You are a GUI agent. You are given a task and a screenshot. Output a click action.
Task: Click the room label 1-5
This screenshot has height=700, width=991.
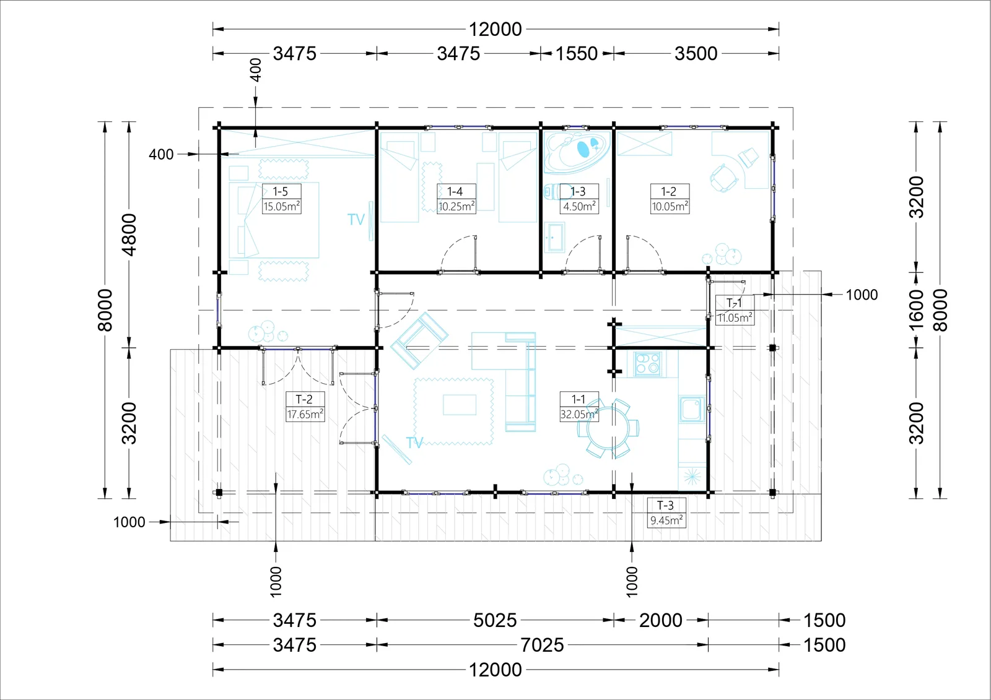point(280,191)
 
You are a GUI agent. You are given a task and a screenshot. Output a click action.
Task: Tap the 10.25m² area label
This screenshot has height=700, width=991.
point(456,207)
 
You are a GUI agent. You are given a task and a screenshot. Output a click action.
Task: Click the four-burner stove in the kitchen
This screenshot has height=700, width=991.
point(648,364)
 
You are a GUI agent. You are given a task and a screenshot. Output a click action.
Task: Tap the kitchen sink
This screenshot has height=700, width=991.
point(691,409)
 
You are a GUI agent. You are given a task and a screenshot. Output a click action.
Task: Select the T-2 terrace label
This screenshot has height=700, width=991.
point(304,399)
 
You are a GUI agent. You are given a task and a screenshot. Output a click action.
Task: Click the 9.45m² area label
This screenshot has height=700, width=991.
point(666,521)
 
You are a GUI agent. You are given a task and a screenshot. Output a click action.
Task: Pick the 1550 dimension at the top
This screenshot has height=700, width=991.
point(577,53)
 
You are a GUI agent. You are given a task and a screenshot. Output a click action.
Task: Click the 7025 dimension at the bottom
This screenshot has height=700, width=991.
point(542,645)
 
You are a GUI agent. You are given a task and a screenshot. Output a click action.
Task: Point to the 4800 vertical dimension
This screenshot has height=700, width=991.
point(129,235)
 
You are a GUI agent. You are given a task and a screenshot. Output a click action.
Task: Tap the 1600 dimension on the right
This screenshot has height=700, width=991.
point(917,310)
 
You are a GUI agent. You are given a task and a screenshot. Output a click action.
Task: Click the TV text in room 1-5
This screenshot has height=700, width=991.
point(356,219)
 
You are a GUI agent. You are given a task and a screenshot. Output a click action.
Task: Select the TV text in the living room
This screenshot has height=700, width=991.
point(414,443)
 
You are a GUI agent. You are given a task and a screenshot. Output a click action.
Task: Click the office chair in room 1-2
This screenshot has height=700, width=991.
point(724,178)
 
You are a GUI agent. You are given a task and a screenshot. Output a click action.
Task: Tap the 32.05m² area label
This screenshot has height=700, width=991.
point(579,414)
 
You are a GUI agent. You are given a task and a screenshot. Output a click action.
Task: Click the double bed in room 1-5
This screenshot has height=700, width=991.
point(274,220)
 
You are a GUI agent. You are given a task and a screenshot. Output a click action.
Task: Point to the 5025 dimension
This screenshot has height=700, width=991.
point(495,620)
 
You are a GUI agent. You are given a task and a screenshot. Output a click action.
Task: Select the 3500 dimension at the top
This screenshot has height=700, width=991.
point(696,53)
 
